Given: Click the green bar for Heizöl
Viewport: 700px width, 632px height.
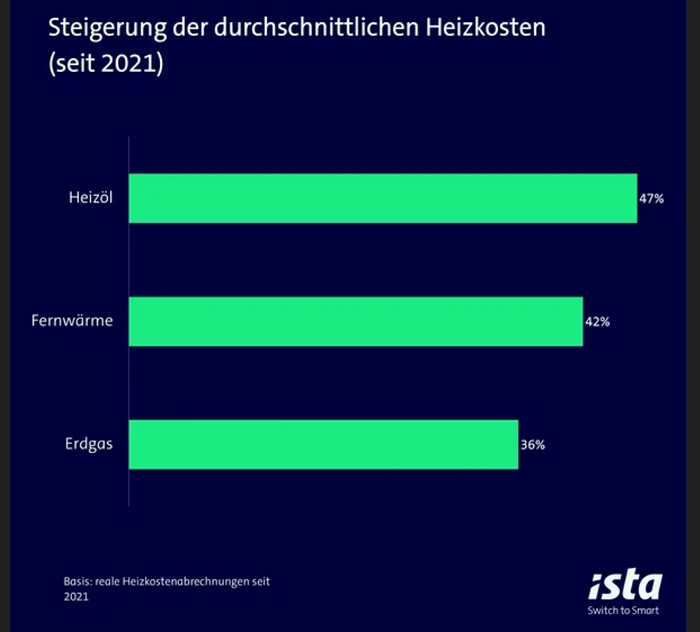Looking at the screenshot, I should point(383,198).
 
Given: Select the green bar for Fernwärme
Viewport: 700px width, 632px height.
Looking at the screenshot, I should point(356,321).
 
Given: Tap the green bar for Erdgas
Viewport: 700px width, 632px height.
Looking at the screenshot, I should point(323,445).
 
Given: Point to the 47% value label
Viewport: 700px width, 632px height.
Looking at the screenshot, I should point(652,199).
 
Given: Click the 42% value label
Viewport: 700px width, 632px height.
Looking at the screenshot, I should point(597,322).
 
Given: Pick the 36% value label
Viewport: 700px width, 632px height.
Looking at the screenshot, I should point(532,445).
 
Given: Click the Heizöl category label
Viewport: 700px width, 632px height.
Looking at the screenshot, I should point(90,198).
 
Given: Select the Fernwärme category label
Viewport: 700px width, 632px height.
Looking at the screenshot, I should point(72,321).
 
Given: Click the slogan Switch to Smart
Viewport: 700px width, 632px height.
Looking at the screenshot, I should point(623,611).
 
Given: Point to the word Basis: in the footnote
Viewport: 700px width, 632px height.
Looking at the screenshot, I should point(77,582).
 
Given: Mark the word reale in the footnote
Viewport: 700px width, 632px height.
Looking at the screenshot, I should point(106,582).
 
